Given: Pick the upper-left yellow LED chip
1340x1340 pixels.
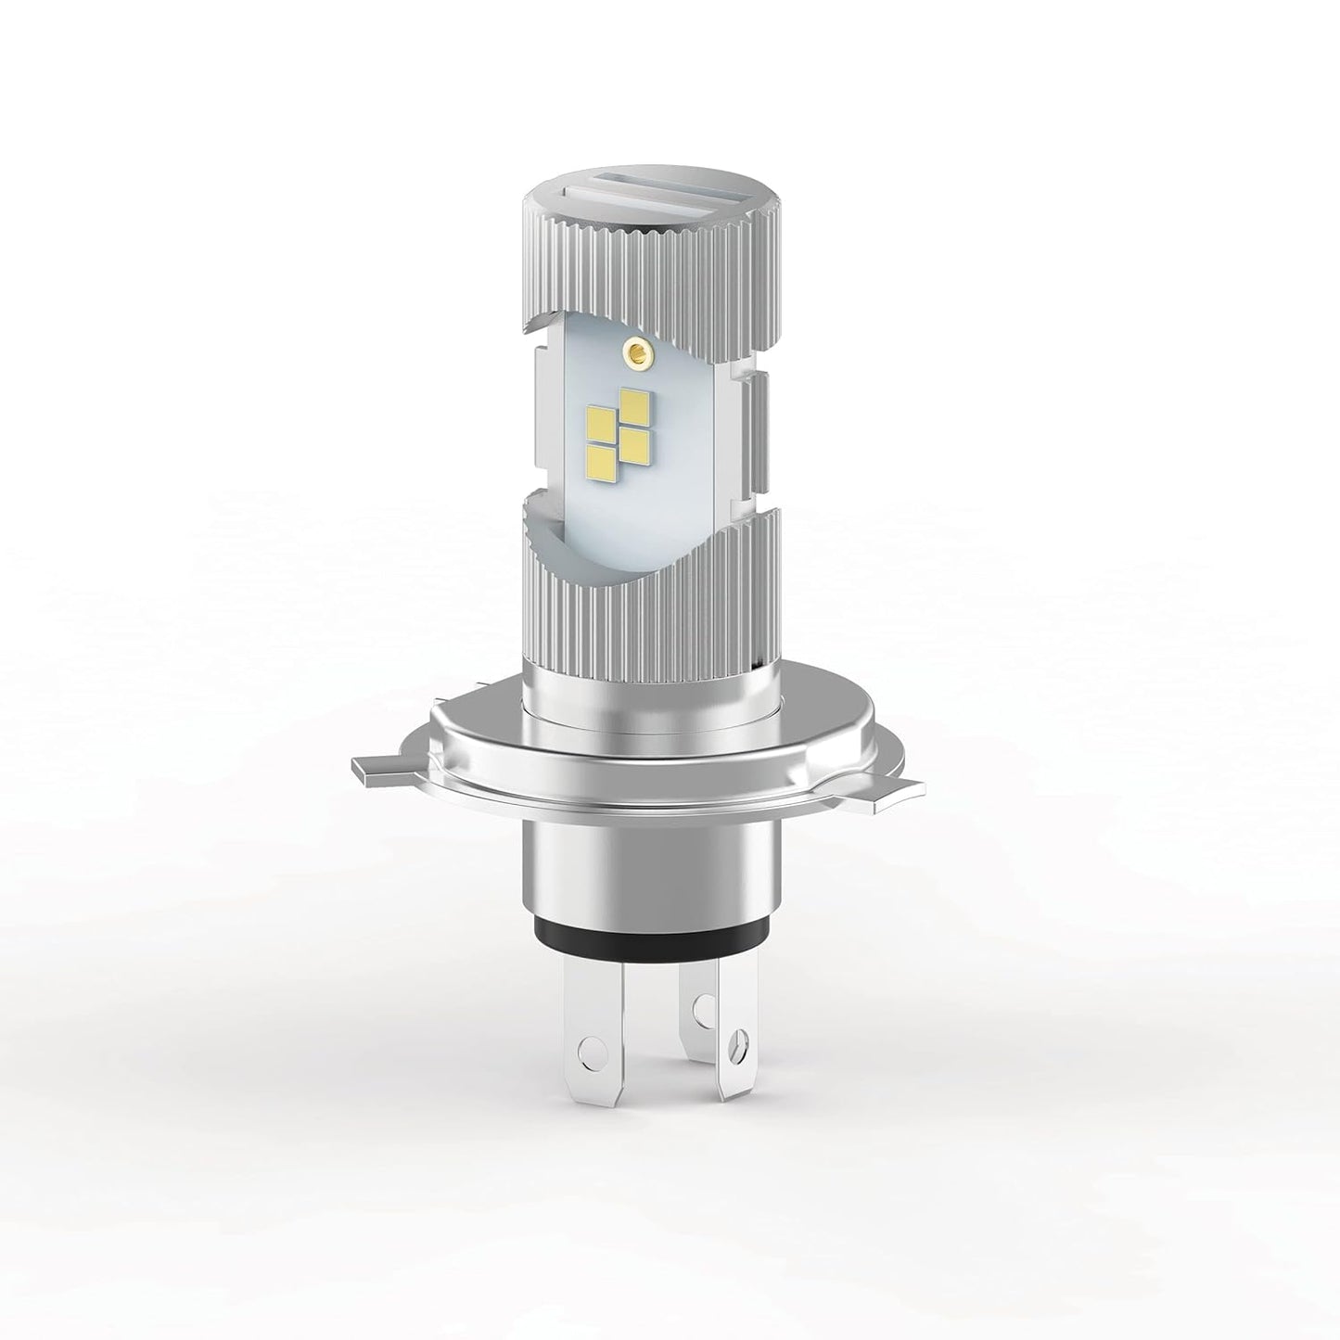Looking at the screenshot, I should [604, 424].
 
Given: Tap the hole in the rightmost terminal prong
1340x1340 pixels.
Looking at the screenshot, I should [738, 1040].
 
